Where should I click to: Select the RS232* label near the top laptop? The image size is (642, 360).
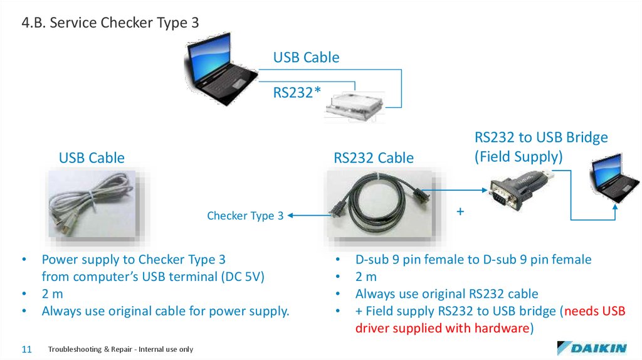pos(297,93)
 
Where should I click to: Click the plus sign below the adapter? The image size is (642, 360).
pos(460,212)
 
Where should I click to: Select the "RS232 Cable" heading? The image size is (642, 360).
pos(374,158)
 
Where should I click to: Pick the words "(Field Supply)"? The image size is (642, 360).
pos(518,156)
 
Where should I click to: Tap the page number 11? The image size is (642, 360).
pos(26,349)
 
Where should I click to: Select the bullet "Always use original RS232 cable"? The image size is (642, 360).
pos(446,294)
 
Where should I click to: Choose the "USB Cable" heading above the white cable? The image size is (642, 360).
pos(92,158)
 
